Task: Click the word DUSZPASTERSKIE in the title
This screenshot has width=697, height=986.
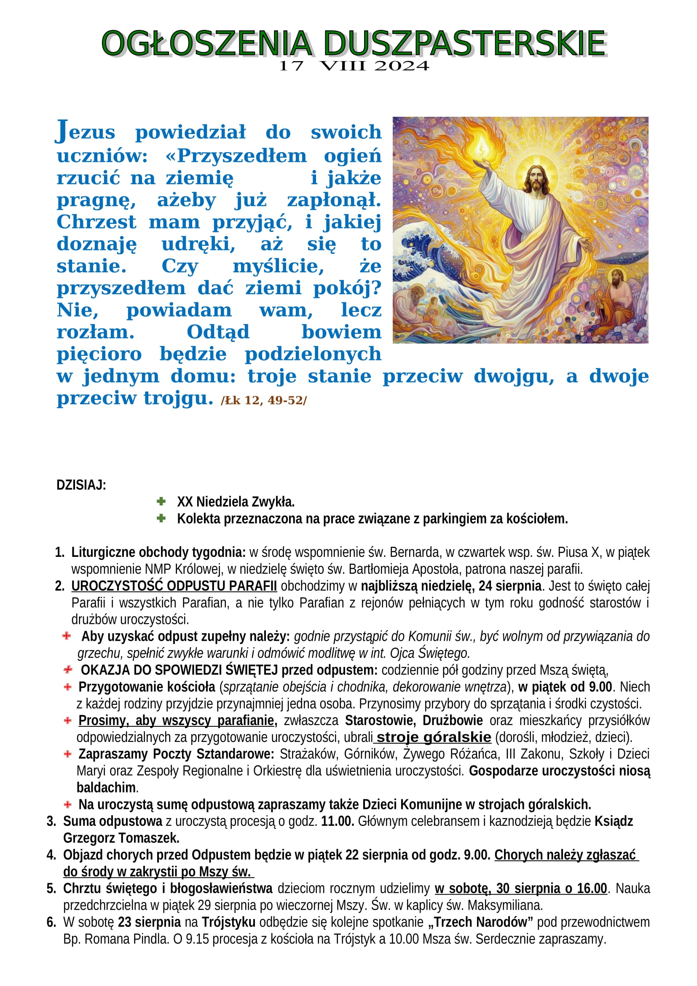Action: pos(464,43)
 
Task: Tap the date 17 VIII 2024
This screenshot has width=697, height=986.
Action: pos(354,66)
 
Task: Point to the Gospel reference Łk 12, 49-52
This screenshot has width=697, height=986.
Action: pos(264,400)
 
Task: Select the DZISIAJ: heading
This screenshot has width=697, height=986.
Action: pos(81,485)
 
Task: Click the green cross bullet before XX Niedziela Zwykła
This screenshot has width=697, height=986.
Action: pos(161,501)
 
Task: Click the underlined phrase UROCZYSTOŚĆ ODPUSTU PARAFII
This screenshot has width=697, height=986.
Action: pos(174,586)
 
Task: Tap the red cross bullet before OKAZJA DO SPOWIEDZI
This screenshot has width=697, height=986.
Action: pos(68,669)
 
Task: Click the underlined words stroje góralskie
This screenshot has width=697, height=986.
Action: pos(434,737)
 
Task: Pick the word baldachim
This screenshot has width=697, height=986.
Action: pos(106,787)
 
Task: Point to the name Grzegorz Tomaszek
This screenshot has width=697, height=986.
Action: pos(121,838)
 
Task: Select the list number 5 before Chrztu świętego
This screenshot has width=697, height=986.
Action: pos(51,889)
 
